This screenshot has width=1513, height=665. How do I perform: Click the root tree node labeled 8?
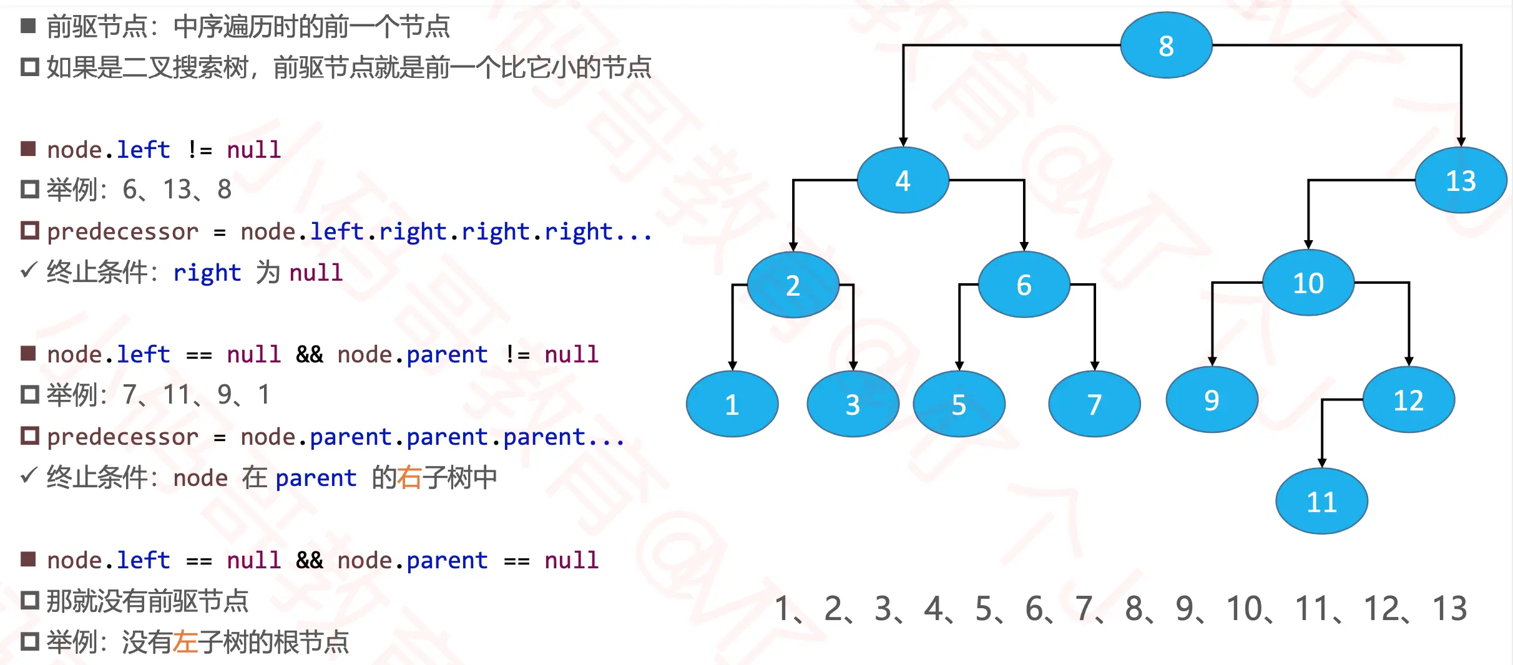(1166, 46)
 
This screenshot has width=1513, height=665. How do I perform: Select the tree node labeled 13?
(1461, 181)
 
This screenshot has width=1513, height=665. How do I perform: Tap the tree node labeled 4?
(903, 181)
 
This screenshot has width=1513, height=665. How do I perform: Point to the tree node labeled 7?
(1094, 404)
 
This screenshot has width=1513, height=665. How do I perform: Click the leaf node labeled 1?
(732, 404)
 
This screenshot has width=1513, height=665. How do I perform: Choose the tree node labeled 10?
(1308, 283)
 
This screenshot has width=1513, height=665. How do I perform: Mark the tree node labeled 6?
(1024, 285)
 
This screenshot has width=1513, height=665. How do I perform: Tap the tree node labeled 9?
(1212, 400)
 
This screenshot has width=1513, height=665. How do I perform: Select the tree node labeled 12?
(1408, 400)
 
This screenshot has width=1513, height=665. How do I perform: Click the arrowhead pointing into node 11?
(1322, 462)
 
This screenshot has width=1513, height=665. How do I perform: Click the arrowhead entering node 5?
(959, 366)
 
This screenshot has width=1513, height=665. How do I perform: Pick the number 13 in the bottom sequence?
(1449, 608)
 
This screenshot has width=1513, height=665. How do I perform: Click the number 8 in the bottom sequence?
(1134, 608)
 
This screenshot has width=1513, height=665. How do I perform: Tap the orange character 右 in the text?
(409, 478)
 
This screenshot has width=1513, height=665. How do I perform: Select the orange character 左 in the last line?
(185, 642)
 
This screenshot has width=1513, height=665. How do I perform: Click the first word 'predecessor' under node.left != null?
(122, 232)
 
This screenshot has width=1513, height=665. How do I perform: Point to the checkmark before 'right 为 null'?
(29, 270)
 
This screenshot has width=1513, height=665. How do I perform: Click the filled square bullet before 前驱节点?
(28, 26)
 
